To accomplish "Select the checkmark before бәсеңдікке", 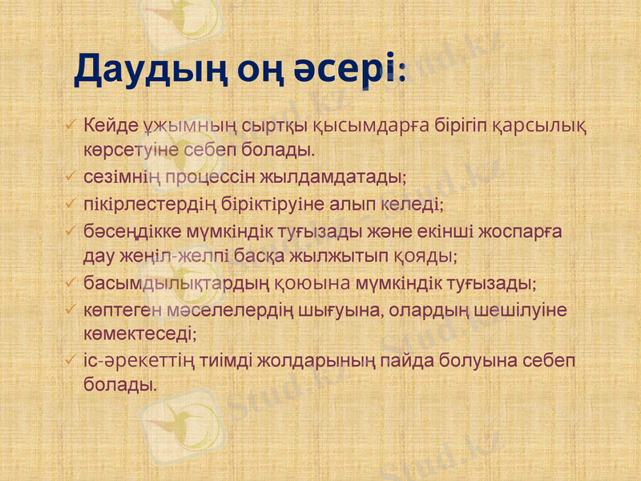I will click(71, 231).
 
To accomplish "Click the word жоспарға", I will click(522, 232).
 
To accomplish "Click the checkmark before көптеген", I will click(71, 309).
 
